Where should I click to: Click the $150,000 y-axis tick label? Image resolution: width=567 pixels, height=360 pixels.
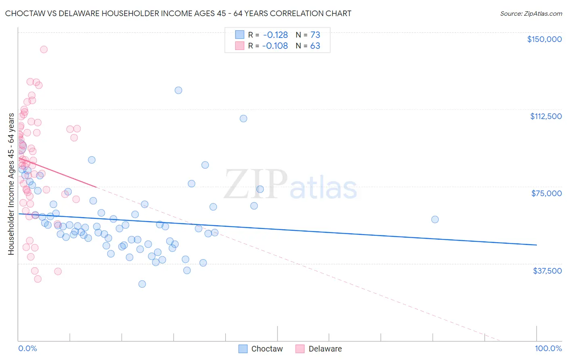point(544,39)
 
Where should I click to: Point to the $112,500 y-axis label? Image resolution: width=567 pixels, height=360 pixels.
point(546,116)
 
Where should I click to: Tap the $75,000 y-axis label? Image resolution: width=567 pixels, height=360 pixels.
point(546,193)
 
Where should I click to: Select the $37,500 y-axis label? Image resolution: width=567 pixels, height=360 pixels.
point(547,271)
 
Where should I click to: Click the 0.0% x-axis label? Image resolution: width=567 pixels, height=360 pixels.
point(27,349)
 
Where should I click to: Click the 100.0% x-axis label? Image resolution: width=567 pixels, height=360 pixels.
point(548,349)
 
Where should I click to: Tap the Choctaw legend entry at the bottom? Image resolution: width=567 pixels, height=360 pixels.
point(261,349)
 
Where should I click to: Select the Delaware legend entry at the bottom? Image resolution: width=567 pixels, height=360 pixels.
point(319,349)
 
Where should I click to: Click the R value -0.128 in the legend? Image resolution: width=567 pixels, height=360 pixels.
point(275,35)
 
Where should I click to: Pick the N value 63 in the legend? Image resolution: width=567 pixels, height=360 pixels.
point(315,46)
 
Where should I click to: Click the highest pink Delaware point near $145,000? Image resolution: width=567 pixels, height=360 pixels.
point(44,49)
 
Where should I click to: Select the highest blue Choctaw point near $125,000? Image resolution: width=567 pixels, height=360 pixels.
point(178,90)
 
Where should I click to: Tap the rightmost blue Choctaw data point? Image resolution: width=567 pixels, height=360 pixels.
point(435,220)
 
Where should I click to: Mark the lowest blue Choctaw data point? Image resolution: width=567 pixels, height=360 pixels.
point(142,284)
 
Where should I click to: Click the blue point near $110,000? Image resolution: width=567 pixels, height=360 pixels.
point(243,118)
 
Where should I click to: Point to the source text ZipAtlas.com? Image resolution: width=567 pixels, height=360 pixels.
point(531,14)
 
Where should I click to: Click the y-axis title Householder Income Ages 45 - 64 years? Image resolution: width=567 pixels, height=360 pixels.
point(11,184)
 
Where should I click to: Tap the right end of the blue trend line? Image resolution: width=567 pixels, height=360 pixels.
point(536,245)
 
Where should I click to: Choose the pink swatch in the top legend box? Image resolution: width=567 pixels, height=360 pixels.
point(240,46)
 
